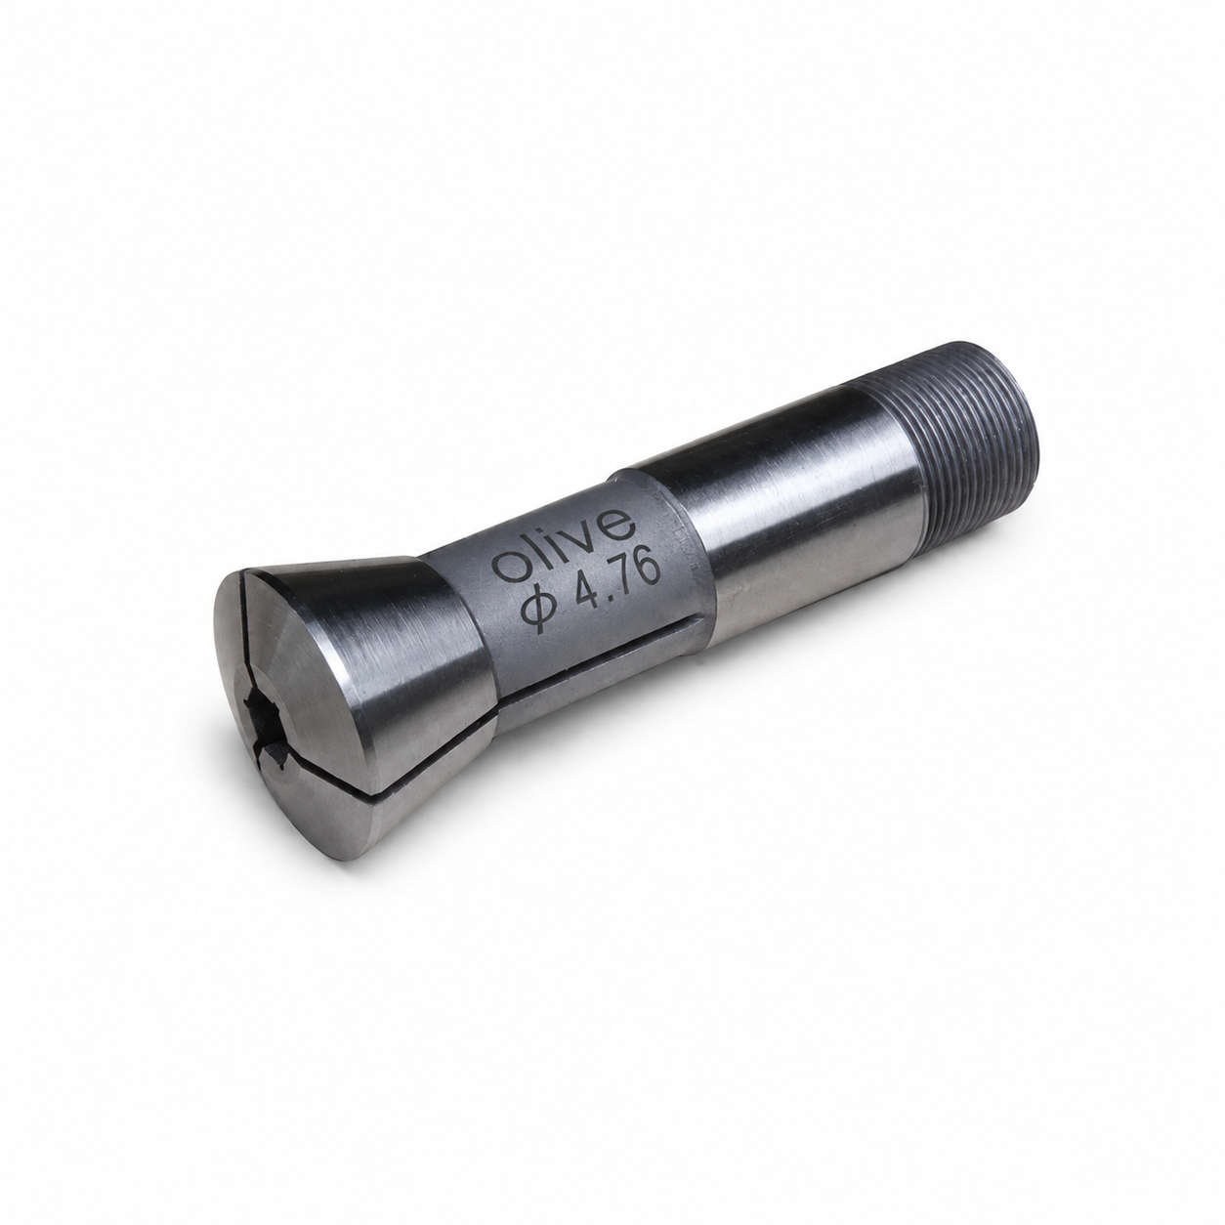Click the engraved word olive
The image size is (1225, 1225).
[x=565, y=544]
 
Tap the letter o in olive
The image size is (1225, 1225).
[x=510, y=568]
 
